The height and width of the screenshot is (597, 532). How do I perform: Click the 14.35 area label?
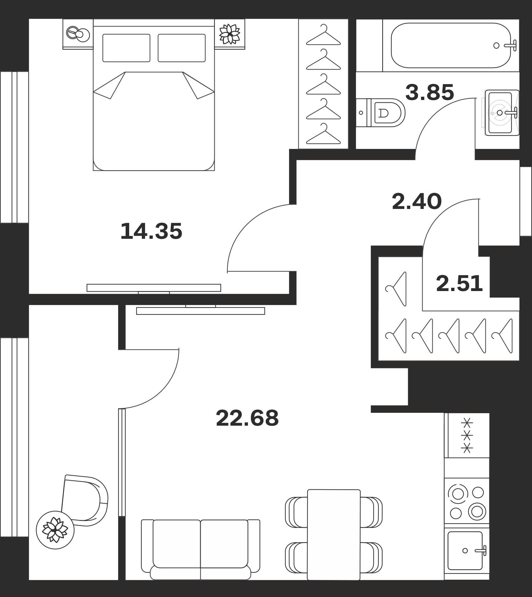[151, 232]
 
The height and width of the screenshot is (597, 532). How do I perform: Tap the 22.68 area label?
[247, 418]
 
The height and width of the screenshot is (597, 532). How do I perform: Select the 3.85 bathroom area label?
[430, 92]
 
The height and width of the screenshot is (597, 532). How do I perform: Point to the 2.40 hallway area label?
[417, 201]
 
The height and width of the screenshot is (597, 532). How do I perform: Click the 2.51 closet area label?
[459, 284]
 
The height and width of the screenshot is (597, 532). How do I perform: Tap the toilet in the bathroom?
[381, 113]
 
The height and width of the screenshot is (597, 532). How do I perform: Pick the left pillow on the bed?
[126, 48]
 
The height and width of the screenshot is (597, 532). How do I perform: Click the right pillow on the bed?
[182, 48]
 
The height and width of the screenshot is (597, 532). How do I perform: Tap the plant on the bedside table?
[230, 34]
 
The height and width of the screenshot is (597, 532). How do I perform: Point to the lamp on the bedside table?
[78, 33]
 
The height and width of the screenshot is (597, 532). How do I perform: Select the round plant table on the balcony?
[55, 530]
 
